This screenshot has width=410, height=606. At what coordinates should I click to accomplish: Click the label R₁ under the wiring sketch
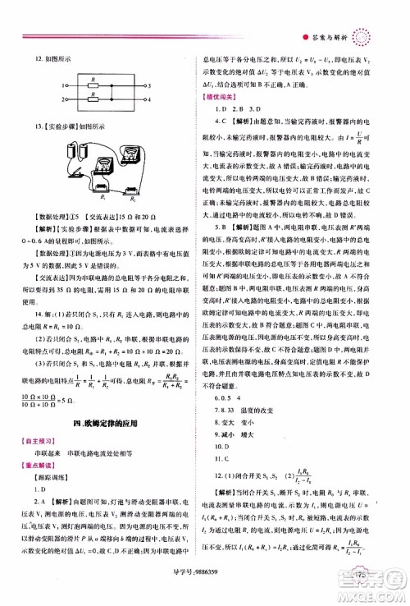click(80, 197)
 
